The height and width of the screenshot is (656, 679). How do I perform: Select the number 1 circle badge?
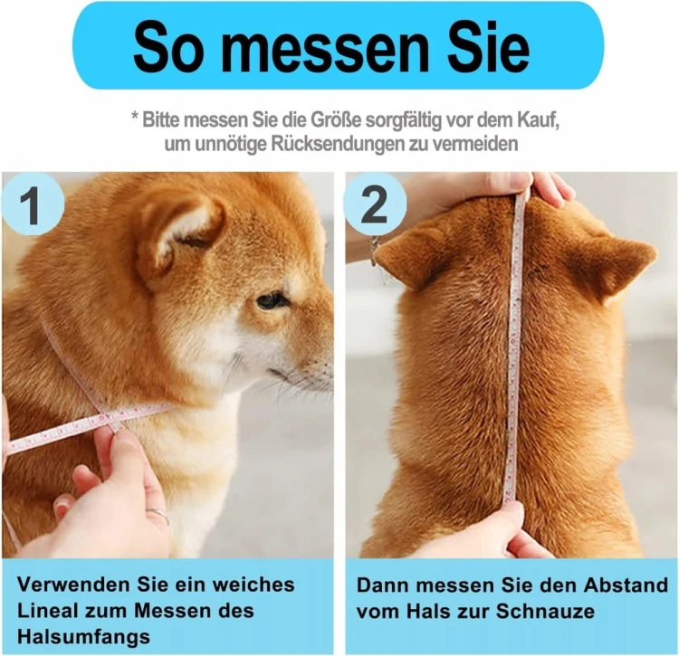point(33,204)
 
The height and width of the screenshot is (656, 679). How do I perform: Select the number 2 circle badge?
point(375,204)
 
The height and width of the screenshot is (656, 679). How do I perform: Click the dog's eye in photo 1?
point(271,299)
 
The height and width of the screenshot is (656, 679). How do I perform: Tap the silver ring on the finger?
point(158,515)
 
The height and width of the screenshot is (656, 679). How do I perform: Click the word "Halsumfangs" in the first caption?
point(83,637)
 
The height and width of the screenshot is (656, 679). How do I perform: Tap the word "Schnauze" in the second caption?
point(545,611)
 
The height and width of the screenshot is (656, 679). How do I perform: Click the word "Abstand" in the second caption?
point(626,585)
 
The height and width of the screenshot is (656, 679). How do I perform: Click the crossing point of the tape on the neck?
point(105,416)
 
